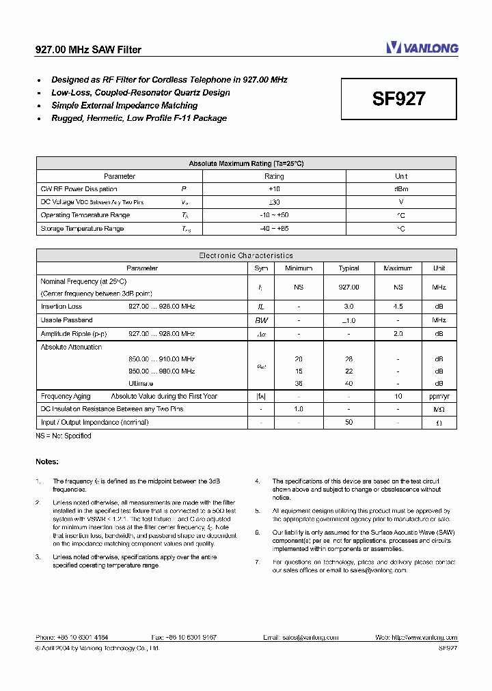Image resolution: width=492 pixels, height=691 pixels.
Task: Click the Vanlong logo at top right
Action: pyautogui.click(x=422, y=48)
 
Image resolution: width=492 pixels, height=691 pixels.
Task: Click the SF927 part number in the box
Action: pyautogui.click(x=399, y=99)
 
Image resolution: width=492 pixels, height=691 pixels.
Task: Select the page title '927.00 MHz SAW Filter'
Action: pyautogui.click(x=88, y=50)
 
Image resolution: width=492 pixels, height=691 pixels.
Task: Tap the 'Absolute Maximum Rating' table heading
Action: pyautogui.click(x=246, y=163)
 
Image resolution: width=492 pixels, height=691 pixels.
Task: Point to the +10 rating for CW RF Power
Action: pyautogui.click(x=273, y=189)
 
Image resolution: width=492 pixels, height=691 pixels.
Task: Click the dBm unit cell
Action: pyautogui.click(x=401, y=189)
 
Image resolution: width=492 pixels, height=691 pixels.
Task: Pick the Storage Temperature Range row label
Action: pyautogui.click(x=82, y=229)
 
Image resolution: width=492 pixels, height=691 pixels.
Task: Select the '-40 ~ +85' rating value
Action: pyautogui.click(x=273, y=229)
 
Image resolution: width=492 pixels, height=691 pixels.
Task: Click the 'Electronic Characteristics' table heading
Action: pyautogui.click(x=246, y=255)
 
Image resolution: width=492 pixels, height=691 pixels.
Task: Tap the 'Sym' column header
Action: pyautogui.click(x=261, y=268)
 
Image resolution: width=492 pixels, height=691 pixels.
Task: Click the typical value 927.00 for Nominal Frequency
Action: pyautogui.click(x=348, y=287)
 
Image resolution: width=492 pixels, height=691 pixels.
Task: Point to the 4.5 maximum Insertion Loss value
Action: pyautogui.click(x=398, y=307)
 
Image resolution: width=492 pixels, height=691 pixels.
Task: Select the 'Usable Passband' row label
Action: pyautogui.click(x=66, y=320)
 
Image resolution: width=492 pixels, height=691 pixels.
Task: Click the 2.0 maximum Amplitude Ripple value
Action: pyautogui.click(x=398, y=333)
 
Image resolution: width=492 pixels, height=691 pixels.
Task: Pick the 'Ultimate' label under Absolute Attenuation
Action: pyautogui.click(x=141, y=383)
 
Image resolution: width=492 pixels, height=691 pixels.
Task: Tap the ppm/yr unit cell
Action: pyautogui.click(x=439, y=396)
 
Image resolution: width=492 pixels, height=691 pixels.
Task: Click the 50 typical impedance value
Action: pyautogui.click(x=348, y=422)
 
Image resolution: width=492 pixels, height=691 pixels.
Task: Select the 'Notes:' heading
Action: pyautogui.click(x=47, y=462)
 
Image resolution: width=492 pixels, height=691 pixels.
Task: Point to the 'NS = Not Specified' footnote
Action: pyautogui.click(x=63, y=435)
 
